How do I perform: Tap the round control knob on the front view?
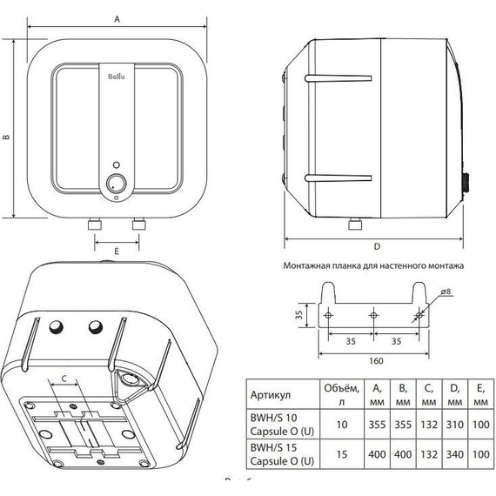point(117,183)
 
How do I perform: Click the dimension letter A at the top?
point(117,15)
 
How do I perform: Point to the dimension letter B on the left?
point(6,137)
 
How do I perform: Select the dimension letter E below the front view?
point(116,251)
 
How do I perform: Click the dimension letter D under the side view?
point(377,246)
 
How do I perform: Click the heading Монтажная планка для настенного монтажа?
point(374,264)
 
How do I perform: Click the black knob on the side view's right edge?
point(466,184)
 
